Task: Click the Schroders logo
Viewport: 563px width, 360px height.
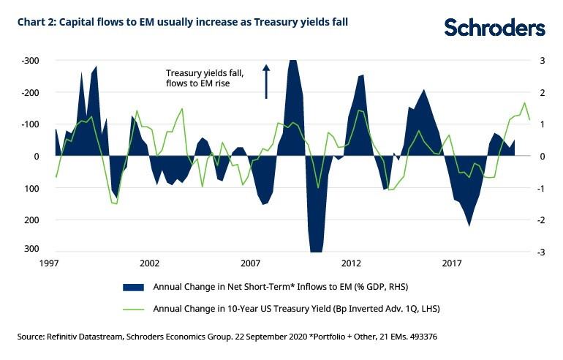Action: (x=495, y=28)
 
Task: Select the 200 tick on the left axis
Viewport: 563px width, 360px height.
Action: (x=33, y=220)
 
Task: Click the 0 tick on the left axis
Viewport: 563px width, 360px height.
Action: (x=37, y=156)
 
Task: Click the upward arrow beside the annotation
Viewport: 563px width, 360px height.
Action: (x=266, y=81)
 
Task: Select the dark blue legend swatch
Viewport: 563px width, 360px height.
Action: (x=133, y=285)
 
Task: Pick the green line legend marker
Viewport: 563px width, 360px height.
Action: (x=133, y=309)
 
